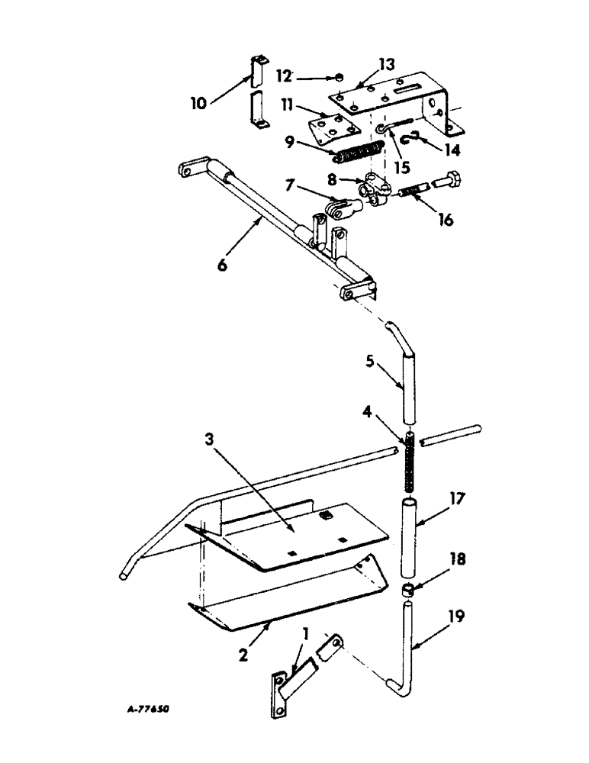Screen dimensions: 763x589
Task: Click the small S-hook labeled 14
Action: (417, 137)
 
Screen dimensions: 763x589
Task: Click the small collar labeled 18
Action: (412, 589)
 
